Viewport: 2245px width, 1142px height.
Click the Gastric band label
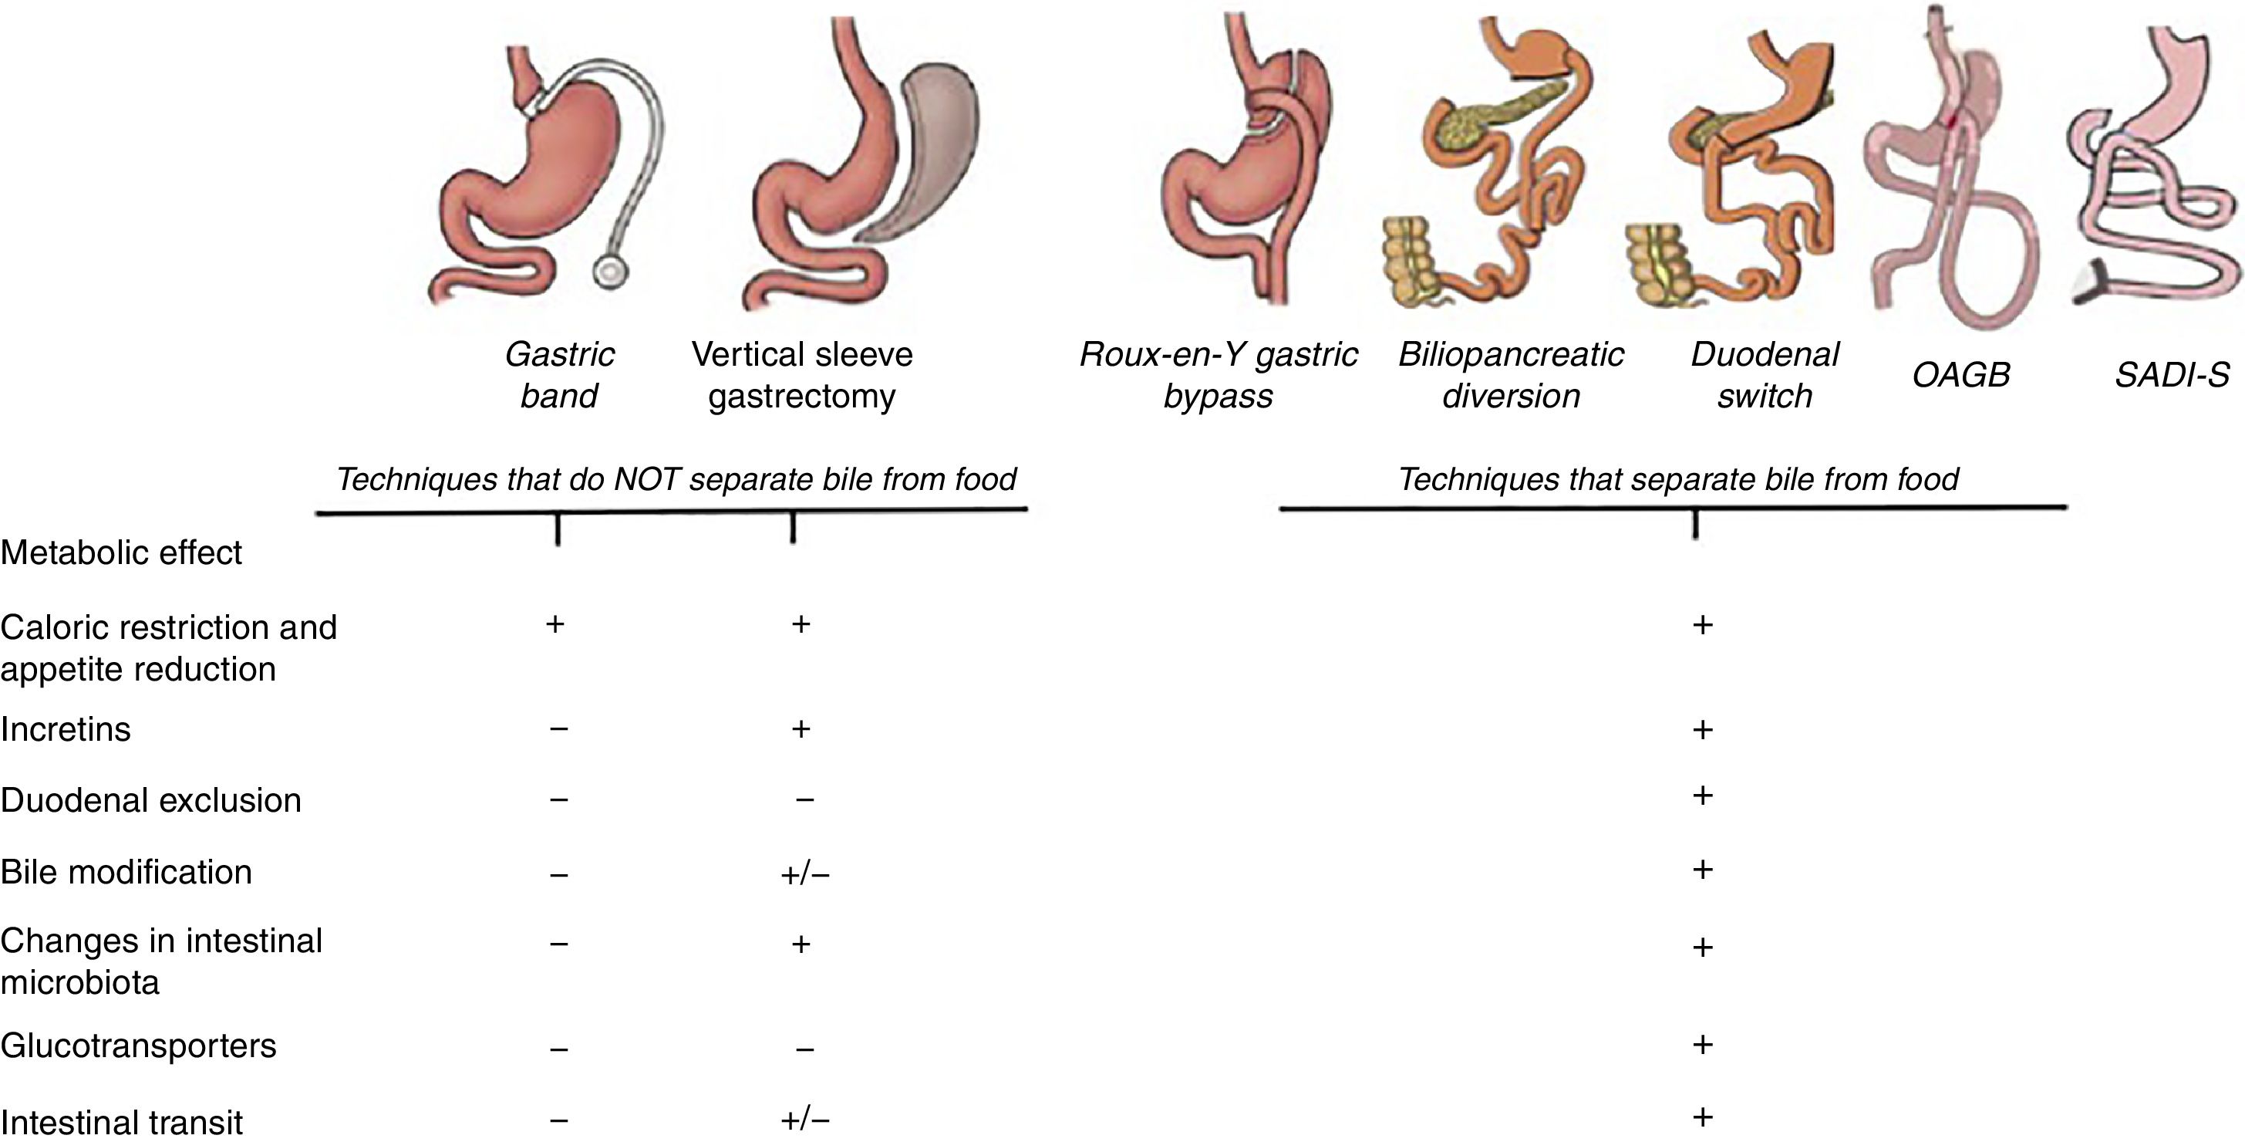pyautogui.click(x=558, y=375)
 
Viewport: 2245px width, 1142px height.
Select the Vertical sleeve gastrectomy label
pyautogui.click(x=802, y=375)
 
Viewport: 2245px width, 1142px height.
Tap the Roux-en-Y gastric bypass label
pyautogui.click(x=1218, y=375)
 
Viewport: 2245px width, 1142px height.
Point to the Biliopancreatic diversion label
pyautogui.click(x=1510, y=375)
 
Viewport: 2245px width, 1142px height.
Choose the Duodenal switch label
pyautogui.click(x=1764, y=375)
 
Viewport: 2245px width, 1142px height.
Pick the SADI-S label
pyautogui.click(x=2171, y=375)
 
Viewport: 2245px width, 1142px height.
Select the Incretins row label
pyautogui.click(x=66, y=728)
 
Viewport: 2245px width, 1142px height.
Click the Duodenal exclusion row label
pyautogui.click(x=150, y=800)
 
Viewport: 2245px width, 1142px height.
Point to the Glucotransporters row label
pyautogui.click(x=139, y=1046)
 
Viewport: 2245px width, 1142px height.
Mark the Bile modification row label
pyautogui.click(x=126, y=872)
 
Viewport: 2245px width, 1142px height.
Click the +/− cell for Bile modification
pyautogui.click(x=804, y=873)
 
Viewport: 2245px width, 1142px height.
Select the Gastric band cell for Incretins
pyautogui.click(x=558, y=728)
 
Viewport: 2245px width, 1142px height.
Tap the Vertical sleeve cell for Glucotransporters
pyautogui.click(x=804, y=1048)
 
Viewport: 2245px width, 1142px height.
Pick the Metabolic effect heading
pyautogui.click(x=121, y=552)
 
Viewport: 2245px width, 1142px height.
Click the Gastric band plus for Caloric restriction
pyautogui.click(x=555, y=624)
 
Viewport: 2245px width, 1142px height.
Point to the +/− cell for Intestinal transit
pyautogui.click(x=804, y=1120)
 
